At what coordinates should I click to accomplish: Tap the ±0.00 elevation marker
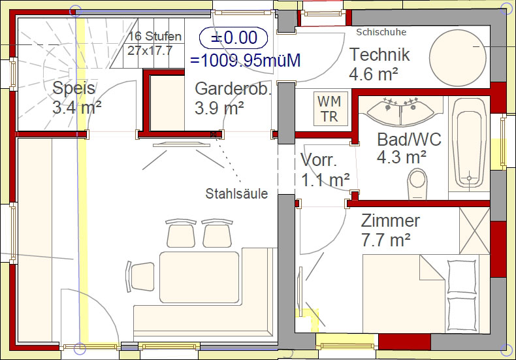[233, 37]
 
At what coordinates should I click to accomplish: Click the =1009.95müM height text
[245, 61]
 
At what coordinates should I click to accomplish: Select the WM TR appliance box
[331, 108]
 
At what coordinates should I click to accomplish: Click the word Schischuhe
[381, 32]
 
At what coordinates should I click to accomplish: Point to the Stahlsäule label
[236, 193]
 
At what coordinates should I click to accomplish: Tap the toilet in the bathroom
[417, 184]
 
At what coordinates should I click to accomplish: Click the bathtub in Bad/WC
[469, 148]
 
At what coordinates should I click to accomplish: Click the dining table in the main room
[199, 277]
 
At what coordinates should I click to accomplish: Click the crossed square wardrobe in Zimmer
[475, 231]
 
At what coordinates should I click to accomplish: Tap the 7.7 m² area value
[385, 240]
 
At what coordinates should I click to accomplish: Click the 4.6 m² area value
[374, 74]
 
